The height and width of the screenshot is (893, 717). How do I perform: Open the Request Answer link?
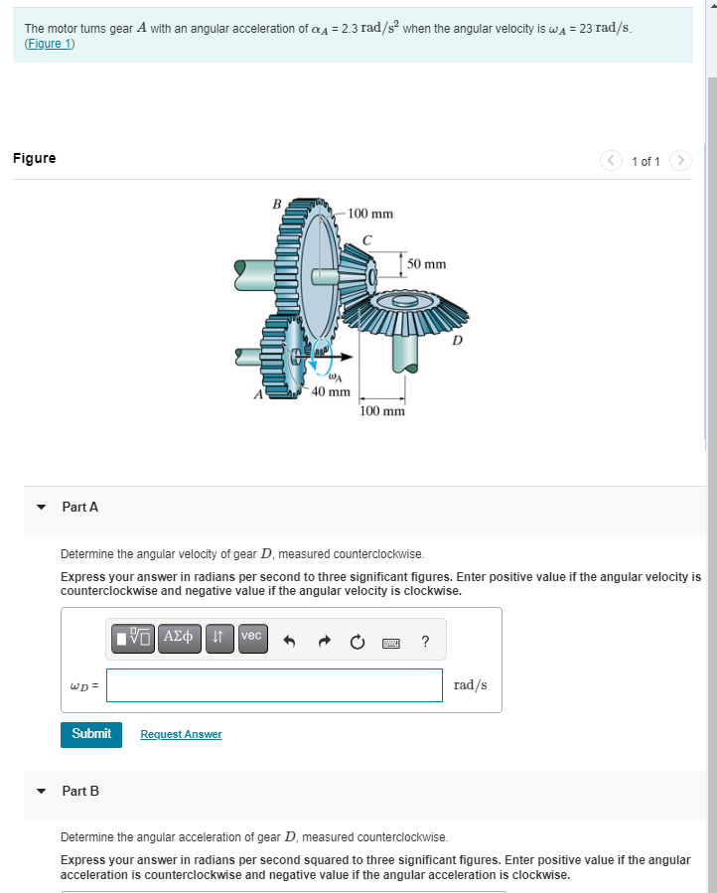point(181,734)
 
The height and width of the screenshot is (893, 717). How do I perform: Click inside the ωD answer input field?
point(274,684)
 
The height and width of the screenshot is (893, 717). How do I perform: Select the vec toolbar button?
point(251,637)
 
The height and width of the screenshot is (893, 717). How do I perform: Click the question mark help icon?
point(425,642)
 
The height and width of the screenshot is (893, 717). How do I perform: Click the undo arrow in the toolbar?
point(291,642)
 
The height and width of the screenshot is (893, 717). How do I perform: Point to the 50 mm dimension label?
point(426,264)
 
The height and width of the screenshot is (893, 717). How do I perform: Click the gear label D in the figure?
point(457,341)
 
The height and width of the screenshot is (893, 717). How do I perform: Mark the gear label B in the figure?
point(277,204)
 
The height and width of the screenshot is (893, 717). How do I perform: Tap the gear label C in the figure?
point(366,239)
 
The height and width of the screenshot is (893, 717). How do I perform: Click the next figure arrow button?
point(680,160)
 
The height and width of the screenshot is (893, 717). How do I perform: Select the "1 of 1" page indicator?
point(645,161)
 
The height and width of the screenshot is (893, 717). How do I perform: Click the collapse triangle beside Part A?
point(41,507)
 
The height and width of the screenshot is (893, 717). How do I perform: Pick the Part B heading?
point(80,791)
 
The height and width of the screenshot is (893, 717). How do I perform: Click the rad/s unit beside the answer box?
point(470,684)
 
